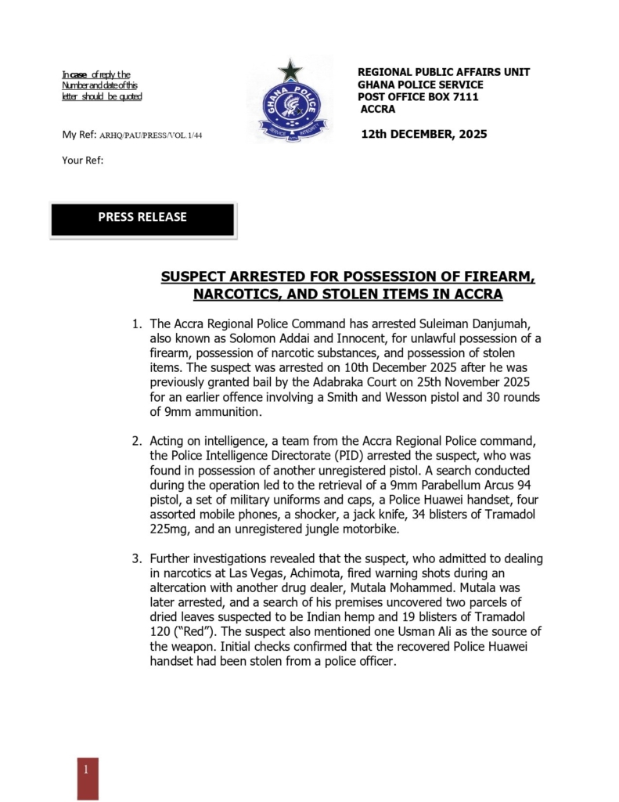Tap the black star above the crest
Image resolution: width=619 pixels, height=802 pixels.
tap(290, 70)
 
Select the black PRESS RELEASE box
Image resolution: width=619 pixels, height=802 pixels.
tap(142, 219)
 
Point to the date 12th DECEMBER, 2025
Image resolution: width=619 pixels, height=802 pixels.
tap(423, 134)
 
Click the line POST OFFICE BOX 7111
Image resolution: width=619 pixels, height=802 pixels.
tap(418, 97)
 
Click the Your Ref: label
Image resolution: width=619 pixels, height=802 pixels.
tap(82, 161)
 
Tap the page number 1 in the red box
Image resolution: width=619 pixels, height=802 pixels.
tap(87, 769)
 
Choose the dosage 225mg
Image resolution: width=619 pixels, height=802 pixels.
tap(173, 529)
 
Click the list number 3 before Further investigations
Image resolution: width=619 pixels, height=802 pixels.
tap(135, 559)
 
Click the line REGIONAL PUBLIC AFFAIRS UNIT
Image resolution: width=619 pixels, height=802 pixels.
tap(443, 72)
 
